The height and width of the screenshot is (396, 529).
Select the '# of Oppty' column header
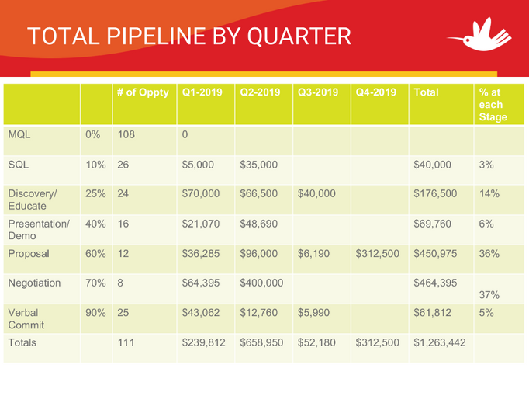[x=143, y=92]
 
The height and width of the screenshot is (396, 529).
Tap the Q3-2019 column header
[x=317, y=92]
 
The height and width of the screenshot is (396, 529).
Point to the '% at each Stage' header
[x=493, y=104]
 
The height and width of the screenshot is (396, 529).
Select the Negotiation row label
[x=34, y=283]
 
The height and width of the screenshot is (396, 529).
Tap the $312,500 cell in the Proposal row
[x=378, y=253]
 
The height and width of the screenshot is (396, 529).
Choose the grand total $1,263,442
[x=439, y=342]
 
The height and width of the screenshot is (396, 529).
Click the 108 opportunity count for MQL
[x=126, y=134]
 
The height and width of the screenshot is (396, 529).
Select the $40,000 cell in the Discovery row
[x=316, y=193]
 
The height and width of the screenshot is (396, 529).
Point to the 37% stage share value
[x=489, y=295]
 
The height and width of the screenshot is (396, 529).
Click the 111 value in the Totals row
[x=126, y=342]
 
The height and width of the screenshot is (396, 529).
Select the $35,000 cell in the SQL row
[x=259, y=164]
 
